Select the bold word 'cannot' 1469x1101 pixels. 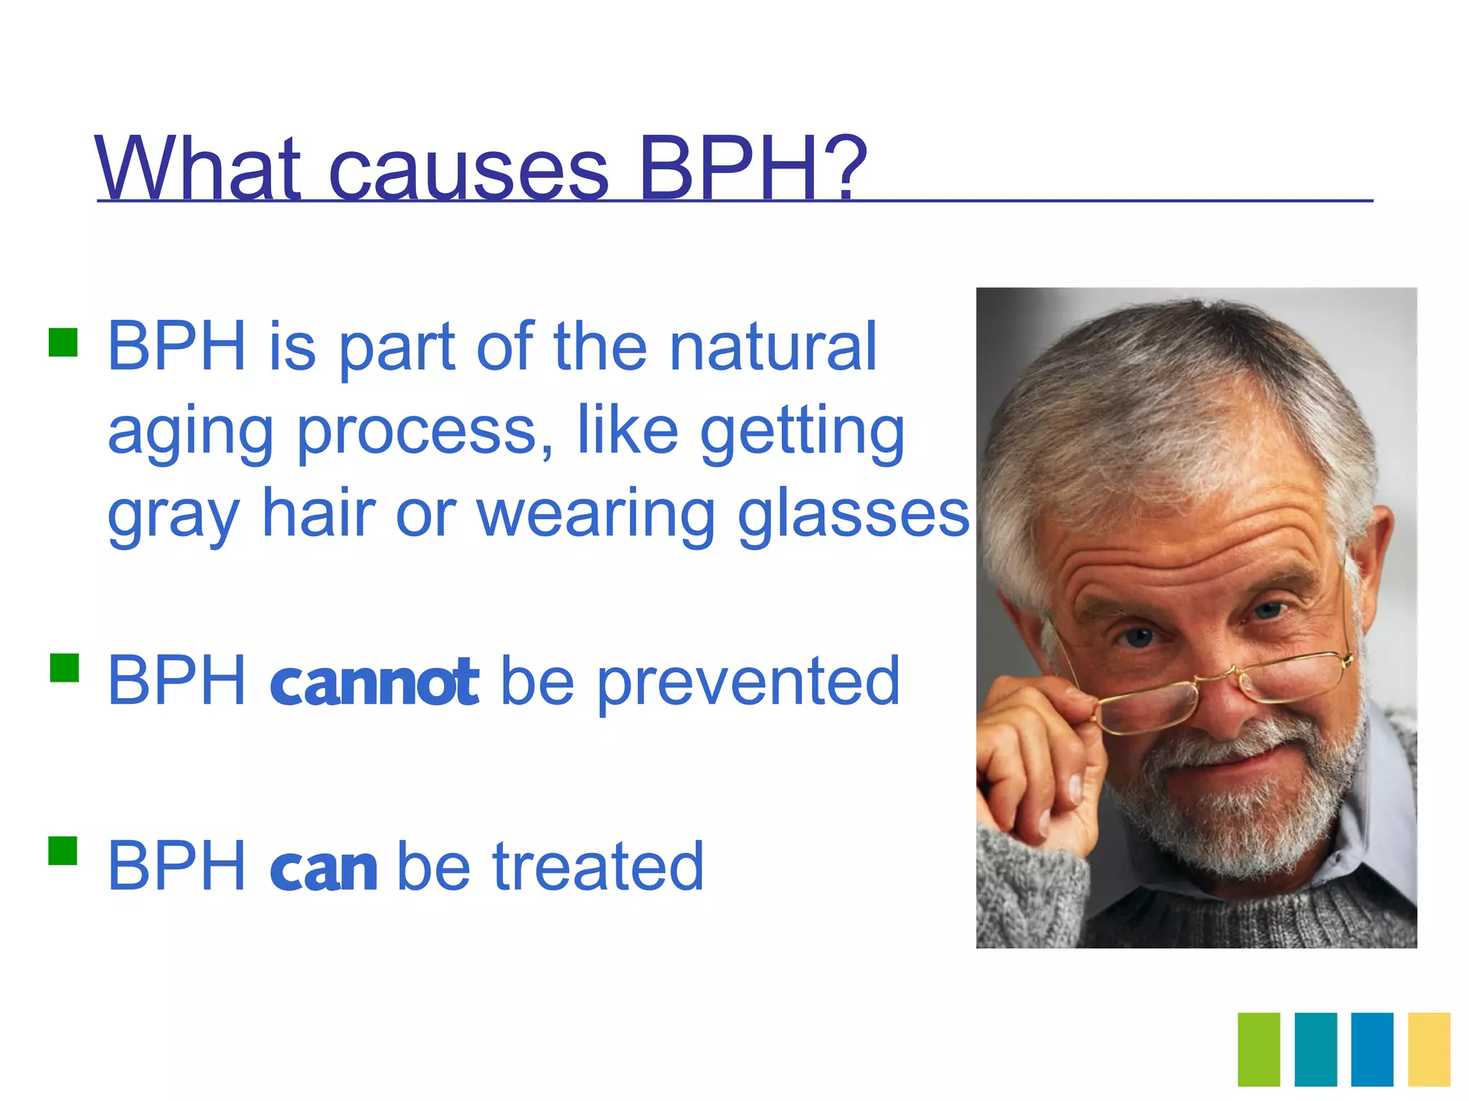coord(374,682)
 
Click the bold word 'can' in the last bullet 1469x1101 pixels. coord(323,867)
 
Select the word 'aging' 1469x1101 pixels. coord(190,434)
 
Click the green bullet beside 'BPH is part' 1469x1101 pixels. coord(63,343)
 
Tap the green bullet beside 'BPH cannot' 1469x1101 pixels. coord(65,667)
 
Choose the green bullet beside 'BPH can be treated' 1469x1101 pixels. coord(63,852)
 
